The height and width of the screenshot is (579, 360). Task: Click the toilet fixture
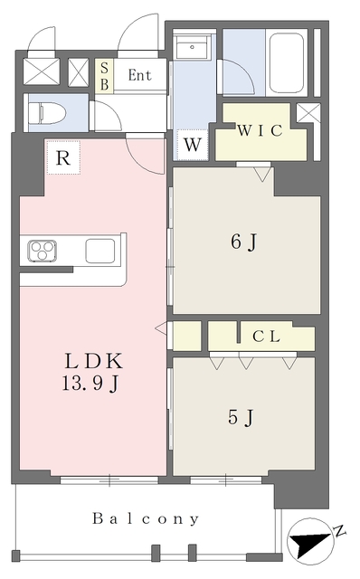click(47, 112)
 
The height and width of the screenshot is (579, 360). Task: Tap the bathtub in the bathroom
click(287, 62)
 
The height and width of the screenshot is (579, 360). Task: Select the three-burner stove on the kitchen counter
click(43, 252)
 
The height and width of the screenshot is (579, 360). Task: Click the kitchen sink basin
click(100, 252)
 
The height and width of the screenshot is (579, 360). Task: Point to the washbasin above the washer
click(192, 47)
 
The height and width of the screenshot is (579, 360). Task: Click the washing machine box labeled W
click(192, 145)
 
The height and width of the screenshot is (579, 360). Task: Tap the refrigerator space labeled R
click(63, 157)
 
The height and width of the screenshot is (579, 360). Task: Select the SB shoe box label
click(105, 76)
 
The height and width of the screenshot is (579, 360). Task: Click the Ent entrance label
click(139, 75)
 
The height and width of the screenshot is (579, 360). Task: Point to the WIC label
click(260, 130)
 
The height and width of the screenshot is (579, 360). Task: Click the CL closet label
click(266, 337)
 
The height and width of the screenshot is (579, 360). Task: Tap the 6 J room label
click(243, 242)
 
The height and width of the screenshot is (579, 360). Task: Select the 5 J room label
click(241, 418)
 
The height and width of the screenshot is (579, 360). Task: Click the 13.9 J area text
click(90, 384)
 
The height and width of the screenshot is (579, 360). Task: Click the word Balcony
click(146, 518)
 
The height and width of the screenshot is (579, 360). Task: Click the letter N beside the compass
click(340, 531)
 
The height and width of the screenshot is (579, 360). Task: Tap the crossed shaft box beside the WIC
click(308, 112)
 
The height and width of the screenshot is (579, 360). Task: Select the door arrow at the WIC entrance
click(262, 175)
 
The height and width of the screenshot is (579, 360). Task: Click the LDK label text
click(94, 361)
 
